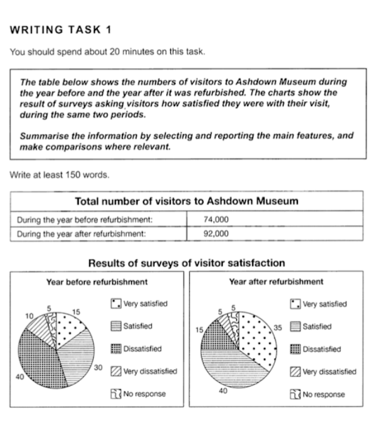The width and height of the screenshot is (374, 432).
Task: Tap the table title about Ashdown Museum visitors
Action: [186, 201]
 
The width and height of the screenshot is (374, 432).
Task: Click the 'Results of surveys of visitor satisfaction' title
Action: [186, 263]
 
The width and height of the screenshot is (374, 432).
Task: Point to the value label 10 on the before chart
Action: [29, 316]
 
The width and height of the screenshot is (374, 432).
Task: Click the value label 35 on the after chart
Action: [278, 327]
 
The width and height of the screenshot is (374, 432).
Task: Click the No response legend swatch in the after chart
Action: [295, 395]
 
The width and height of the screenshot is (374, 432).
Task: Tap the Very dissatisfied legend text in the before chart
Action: [150, 372]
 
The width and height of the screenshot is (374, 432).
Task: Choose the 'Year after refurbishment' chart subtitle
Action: [276, 282]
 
